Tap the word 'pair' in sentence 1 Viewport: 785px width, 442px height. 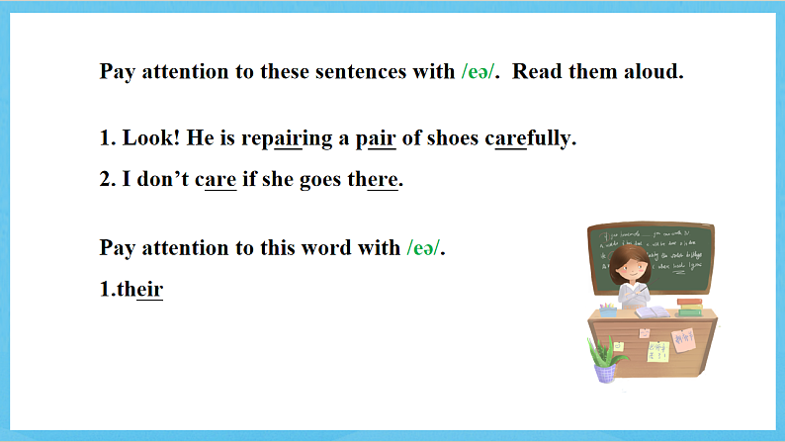click(376, 138)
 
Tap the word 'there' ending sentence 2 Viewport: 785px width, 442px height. click(376, 181)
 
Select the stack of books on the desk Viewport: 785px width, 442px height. click(689, 308)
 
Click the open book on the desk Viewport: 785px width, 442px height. click(651, 312)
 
